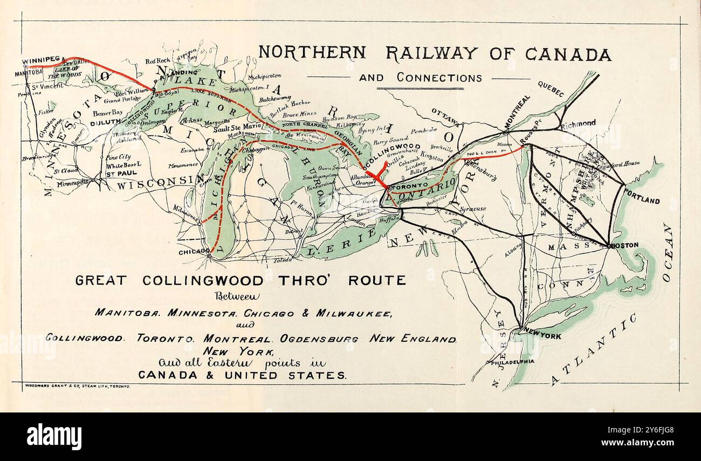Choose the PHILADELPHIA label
(x=512, y=362)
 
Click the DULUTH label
(x=105, y=122)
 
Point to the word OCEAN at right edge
(x=668, y=252)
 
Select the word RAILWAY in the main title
(x=431, y=53)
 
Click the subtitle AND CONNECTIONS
(x=420, y=78)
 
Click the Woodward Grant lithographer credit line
(x=78, y=387)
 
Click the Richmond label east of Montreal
(x=578, y=123)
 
